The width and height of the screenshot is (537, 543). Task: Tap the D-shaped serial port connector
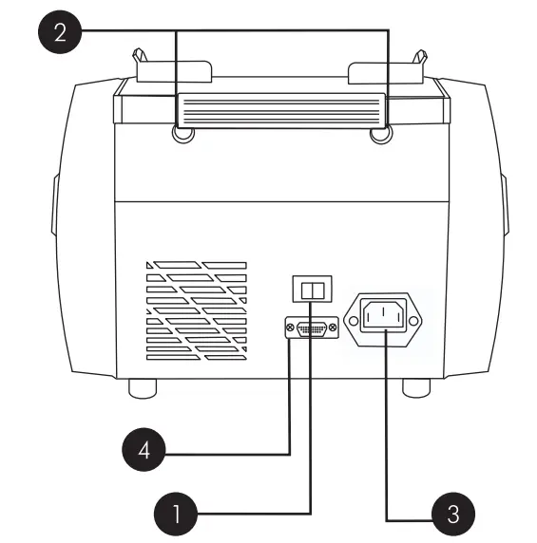[x=311, y=328]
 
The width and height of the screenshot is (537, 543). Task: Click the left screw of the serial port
[x=289, y=328]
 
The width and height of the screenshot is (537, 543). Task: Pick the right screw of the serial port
[x=333, y=328]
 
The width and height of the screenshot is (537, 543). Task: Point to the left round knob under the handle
[x=183, y=136]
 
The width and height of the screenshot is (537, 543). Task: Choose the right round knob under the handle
[x=379, y=136]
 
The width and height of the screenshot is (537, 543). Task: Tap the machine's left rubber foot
[x=143, y=387]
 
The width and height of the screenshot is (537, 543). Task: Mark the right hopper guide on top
[x=387, y=69]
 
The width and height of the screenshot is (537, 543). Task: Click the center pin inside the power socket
[x=387, y=308]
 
